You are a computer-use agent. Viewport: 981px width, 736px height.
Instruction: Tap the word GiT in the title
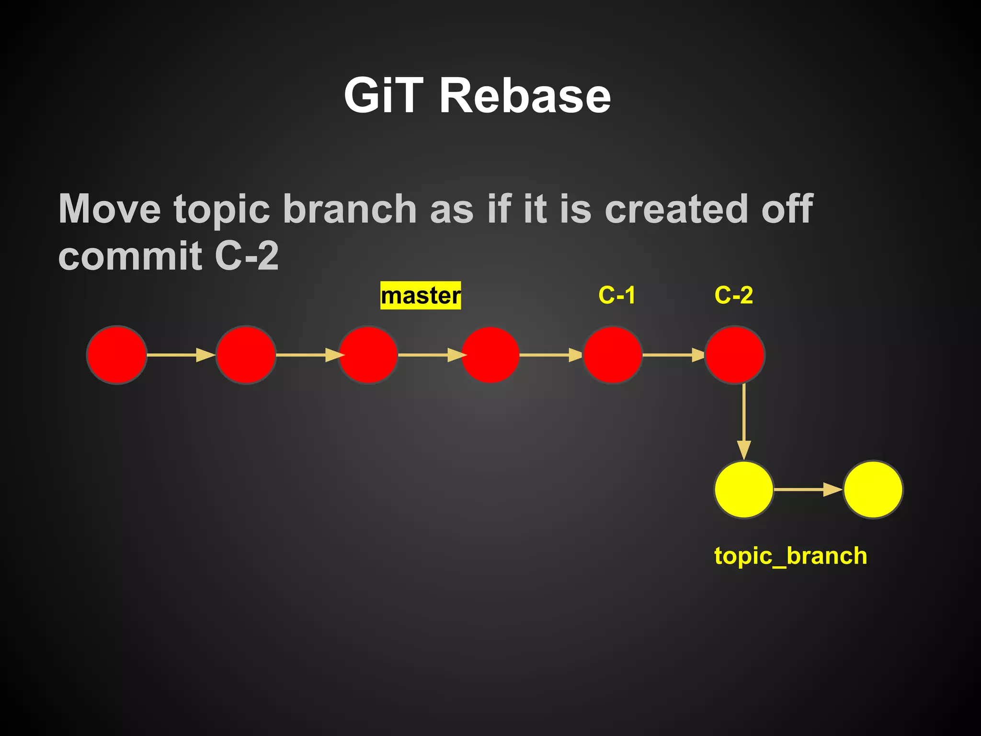pos(384,96)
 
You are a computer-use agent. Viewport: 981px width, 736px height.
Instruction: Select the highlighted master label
pos(421,296)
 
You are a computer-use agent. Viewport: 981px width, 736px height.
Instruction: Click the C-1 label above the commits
pos(617,295)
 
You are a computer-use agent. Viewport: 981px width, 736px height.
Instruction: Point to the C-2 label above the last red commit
pos(733,295)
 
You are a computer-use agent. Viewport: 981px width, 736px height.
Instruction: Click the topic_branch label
pos(790,556)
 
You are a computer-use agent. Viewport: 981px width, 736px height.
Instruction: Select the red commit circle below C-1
pos(613,355)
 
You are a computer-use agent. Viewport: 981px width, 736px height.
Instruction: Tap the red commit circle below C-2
pos(735,355)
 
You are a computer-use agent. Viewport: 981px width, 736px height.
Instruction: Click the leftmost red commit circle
pos(116,355)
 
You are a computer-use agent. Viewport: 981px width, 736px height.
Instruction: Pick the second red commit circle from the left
pos(246,355)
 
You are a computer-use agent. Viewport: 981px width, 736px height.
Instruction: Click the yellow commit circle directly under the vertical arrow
pos(743,490)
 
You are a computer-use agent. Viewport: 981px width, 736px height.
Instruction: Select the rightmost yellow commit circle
pos(873,490)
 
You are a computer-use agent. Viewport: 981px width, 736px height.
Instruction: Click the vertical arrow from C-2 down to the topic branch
pos(743,422)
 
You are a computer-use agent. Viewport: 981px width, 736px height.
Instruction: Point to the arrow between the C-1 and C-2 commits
pos(673,355)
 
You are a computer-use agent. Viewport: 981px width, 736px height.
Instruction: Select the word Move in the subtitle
pos(110,209)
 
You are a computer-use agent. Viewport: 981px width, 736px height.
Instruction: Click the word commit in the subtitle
pos(130,256)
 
